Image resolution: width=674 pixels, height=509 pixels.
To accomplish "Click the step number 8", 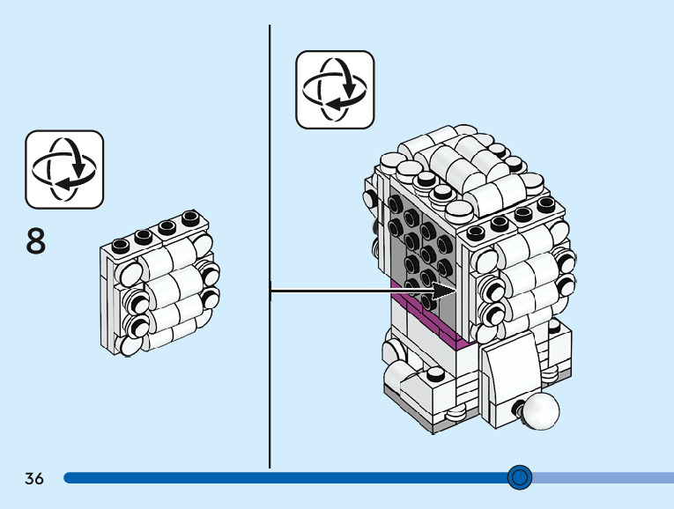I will [x=36, y=240].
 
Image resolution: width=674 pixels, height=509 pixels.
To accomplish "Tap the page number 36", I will [x=34, y=478].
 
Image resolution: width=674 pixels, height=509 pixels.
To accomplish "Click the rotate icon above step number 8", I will [x=64, y=168].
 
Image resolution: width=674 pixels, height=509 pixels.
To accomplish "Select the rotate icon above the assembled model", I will [x=335, y=89].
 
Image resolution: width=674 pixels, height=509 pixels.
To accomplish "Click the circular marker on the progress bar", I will [x=521, y=477].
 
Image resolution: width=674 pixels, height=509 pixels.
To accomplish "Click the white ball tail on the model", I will [x=540, y=411].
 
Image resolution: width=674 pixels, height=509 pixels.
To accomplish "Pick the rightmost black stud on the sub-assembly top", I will [x=189, y=217].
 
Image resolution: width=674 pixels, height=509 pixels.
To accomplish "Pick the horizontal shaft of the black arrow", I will [x=352, y=289].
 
